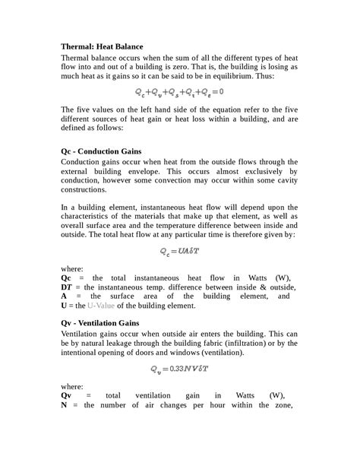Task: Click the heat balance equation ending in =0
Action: point(179,92)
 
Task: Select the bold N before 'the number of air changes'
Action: point(65,405)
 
